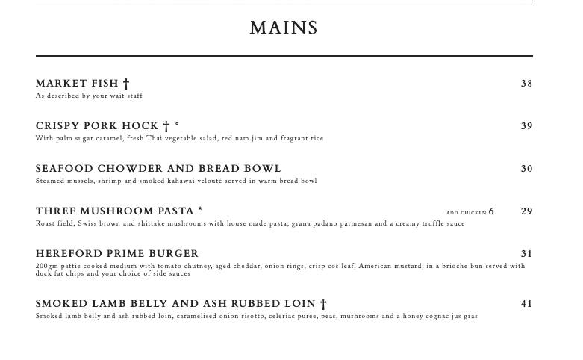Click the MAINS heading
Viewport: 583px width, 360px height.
tap(284, 28)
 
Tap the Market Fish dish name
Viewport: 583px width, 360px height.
tap(78, 84)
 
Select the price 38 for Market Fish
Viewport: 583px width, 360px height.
tap(526, 84)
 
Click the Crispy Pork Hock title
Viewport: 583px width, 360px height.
tap(97, 126)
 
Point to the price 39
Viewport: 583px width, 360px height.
tap(526, 126)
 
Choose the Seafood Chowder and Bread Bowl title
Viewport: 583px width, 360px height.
tap(158, 169)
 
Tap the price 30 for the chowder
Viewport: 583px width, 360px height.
tap(526, 169)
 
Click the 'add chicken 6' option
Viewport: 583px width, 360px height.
tap(470, 212)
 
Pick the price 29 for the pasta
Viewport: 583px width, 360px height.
tap(526, 211)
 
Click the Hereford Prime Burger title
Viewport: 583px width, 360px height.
tap(117, 254)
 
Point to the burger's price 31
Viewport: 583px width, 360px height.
tap(526, 254)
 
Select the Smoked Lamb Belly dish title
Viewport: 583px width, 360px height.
tap(175, 304)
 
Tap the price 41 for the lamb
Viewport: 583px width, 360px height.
tap(526, 304)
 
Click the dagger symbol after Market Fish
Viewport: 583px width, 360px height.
tap(126, 84)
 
